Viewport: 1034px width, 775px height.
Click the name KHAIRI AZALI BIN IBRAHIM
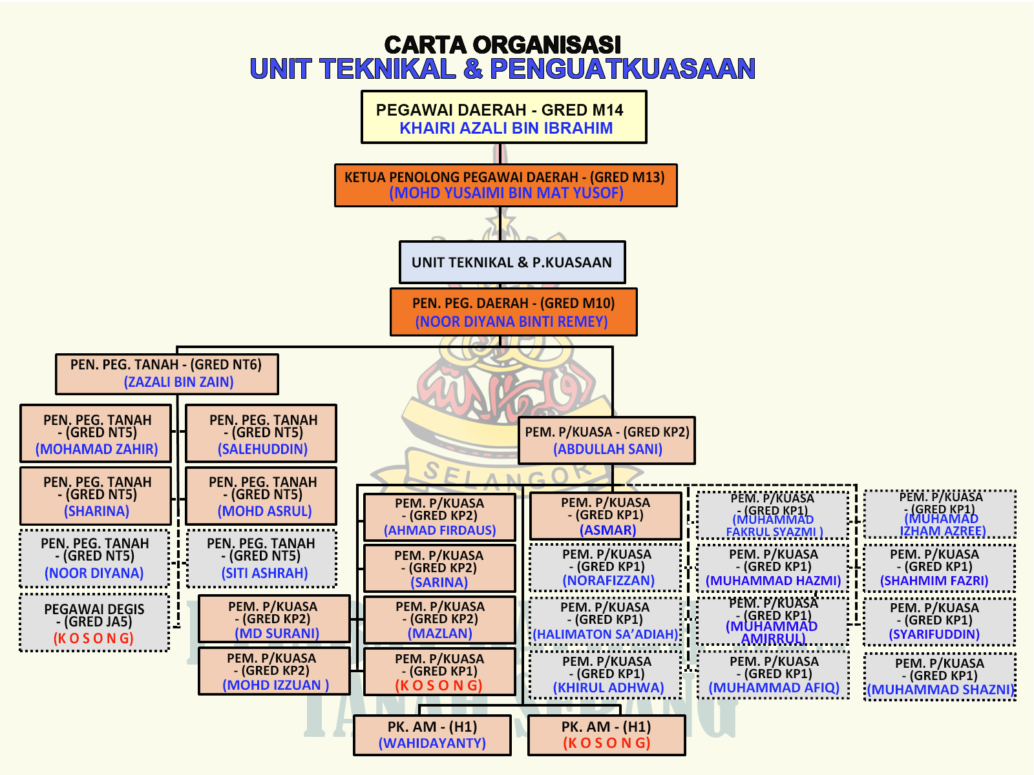(505, 128)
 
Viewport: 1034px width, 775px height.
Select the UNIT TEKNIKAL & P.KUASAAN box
(512, 262)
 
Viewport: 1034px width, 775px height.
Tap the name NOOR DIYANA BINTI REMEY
(511, 322)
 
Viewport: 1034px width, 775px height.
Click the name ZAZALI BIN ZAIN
(178, 382)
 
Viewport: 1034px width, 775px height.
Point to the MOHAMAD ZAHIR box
(96, 433)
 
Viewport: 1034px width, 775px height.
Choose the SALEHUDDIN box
(262, 433)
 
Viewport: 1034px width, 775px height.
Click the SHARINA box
(96, 496)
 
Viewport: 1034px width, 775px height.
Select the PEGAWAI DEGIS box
(94, 623)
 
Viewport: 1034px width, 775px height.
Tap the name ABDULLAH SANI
(607, 449)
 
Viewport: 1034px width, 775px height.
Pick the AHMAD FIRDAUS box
(439, 517)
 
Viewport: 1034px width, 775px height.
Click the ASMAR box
(606, 516)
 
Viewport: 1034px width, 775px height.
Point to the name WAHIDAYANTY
(432, 743)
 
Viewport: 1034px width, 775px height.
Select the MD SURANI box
(274, 619)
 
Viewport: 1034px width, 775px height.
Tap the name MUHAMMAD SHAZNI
(941, 690)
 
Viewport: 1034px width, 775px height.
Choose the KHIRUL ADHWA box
(606, 675)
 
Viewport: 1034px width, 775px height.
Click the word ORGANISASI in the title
(547, 45)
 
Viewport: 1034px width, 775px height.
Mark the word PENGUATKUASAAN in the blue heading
(622, 69)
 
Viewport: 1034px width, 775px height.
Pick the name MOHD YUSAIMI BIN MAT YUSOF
(506, 193)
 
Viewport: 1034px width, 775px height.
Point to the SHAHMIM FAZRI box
(940, 568)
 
